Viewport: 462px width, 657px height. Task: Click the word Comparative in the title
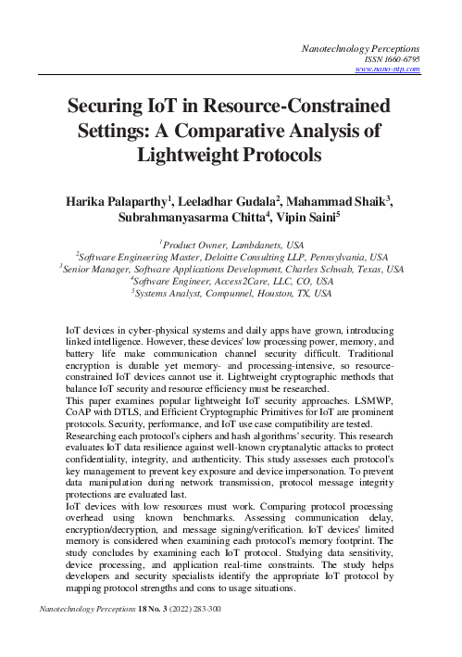(x=253, y=131)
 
